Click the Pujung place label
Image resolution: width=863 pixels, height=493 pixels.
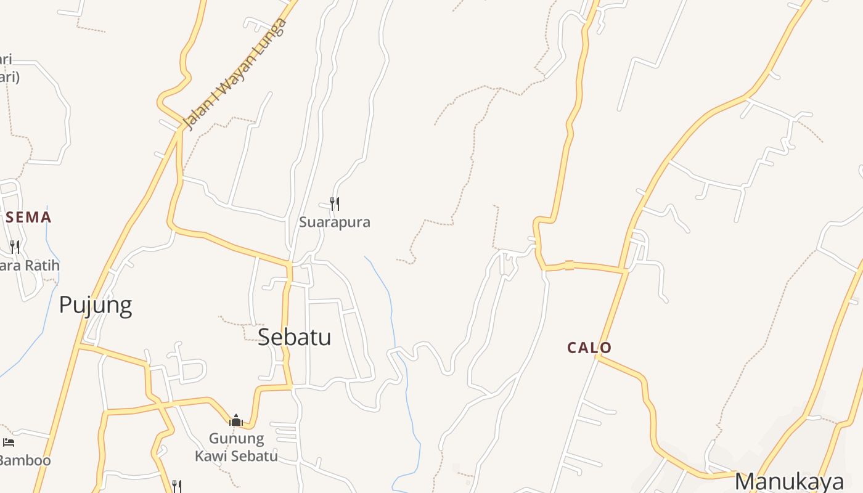[96, 305]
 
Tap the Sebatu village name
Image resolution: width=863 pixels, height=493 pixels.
[294, 337]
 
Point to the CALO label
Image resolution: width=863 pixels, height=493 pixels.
[589, 348]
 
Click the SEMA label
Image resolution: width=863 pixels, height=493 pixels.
[28, 217]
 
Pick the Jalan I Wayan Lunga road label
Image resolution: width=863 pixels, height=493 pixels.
[236, 75]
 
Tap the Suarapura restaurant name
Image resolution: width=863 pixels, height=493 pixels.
[335, 222]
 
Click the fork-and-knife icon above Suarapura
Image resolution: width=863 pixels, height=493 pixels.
[335, 203]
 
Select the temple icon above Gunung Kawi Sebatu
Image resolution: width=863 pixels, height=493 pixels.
[236, 421]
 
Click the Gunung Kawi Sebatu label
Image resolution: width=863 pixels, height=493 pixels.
[236, 447]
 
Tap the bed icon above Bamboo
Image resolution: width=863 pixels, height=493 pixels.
[9, 442]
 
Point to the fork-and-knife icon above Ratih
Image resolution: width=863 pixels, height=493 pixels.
[15, 247]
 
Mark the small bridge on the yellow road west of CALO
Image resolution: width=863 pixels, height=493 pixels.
[569, 266]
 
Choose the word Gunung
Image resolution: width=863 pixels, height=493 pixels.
[236, 439]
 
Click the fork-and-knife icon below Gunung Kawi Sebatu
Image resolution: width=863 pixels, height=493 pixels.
[176, 486]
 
